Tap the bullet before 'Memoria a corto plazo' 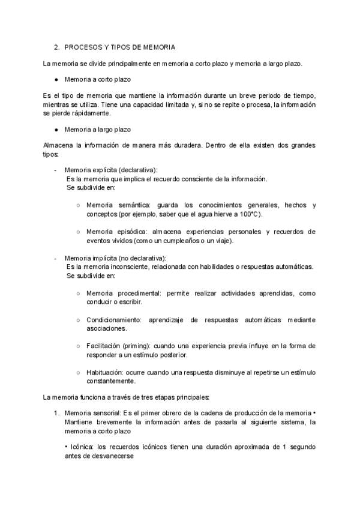click(56, 79)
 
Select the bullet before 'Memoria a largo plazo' click(56, 130)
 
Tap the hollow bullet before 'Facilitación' click(78, 346)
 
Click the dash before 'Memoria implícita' click(56, 258)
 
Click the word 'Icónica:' click(81, 447)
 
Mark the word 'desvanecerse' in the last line click(113, 456)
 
